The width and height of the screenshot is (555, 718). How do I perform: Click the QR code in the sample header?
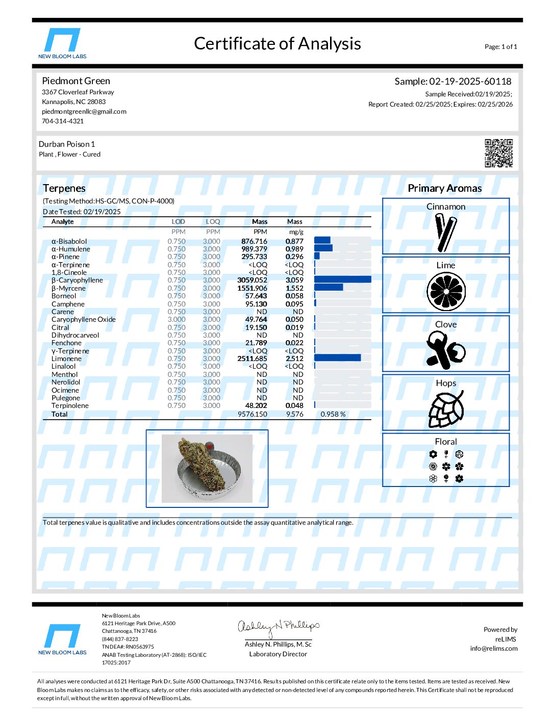coord(498,153)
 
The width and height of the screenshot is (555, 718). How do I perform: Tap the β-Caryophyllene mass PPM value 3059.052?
coord(252,280)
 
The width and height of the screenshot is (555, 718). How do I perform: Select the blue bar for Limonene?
coord(337,358)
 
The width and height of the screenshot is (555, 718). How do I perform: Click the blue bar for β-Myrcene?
coord(329,288)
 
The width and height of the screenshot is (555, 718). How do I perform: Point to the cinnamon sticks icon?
coord(445,233)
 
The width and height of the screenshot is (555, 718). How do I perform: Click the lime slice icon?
coord(446,291)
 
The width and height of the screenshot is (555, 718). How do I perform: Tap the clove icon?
coord(445,350)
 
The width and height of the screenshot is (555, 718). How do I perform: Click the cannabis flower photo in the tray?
coord(207,468)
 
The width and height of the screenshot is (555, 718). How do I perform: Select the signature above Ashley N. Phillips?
coord(278,627)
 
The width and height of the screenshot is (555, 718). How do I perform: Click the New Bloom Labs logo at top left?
coord(62,44)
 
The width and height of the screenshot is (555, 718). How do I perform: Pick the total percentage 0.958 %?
coord(333,414)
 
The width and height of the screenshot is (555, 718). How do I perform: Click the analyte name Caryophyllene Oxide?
coord(84,319)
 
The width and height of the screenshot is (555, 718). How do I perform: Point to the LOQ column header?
coord(213,222)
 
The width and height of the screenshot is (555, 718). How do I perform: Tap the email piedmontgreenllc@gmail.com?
coord(84,111)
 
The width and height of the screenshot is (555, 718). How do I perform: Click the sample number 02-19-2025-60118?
coord(470,82)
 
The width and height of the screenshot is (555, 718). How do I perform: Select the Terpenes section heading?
coord(64,188)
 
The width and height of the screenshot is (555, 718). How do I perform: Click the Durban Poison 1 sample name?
coord(67,144)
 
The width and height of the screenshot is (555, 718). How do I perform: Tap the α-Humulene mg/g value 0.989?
coord(294,249)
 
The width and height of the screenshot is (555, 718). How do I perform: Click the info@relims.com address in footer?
coord(493,649)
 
